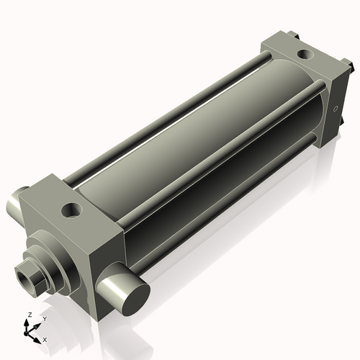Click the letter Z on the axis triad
click(30, 315)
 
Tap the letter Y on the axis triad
click(45, 319)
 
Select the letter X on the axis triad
click(45, 340)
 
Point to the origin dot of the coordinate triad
click(26, 333)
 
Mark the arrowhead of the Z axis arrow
click(26, 322)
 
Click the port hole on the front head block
click(71, 210)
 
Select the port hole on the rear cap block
click(305, 54)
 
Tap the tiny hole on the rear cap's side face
click(336, 109)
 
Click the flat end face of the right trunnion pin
click(136, 300)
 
